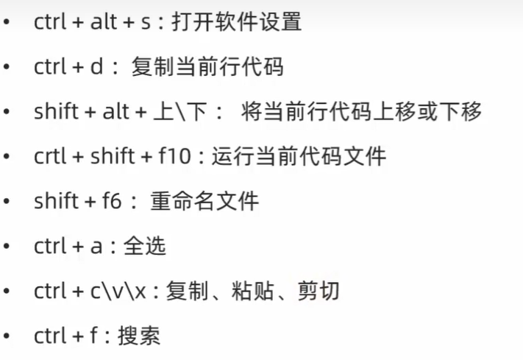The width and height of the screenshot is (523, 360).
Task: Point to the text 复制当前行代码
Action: [x=207, y=67]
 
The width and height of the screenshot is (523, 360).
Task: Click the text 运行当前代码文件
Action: [x=299, y=157]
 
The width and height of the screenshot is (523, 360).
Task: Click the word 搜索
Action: [x=141, y=336]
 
